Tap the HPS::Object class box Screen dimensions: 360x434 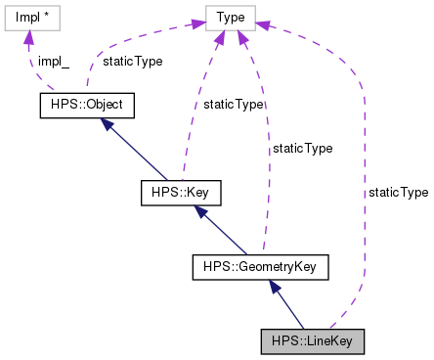tap(85, 103)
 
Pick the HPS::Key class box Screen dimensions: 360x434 tap(180, 192)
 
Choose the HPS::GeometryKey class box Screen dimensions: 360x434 tap(260, 264)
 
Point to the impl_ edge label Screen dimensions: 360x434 tap(53, 61)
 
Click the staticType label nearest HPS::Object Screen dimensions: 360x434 tap(133, 61)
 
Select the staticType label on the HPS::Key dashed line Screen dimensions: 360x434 tap(233, 104)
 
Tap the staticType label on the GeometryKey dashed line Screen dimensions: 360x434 tap(302, 149)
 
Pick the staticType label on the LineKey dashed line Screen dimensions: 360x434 tap(398, 193)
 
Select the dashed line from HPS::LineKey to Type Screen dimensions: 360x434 tap(363, 196)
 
